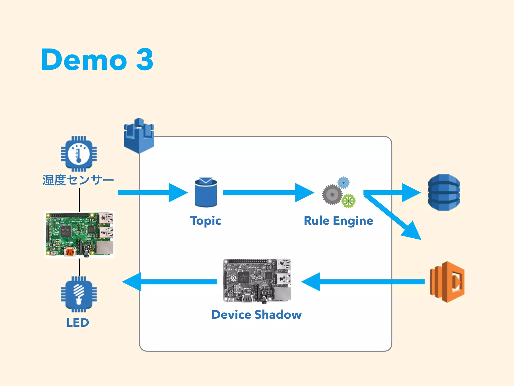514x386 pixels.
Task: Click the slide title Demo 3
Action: tap(97, 60)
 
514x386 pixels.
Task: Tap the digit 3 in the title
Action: tap(144, 60)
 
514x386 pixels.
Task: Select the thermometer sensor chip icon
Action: tap(79, 154)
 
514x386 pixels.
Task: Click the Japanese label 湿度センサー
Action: tap(78, 180)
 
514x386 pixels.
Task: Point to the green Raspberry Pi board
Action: tap(79, 234)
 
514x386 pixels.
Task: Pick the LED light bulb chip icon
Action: tap(79, 294)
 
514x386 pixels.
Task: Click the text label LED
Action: tap(78, 322)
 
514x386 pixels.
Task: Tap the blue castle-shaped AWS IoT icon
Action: tap(139, 136)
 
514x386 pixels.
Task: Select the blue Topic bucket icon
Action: tap(206, 192)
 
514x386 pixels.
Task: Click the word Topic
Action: tap(206, 221)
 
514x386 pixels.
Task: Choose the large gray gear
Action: tap(332, 195)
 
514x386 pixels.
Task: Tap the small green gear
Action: tap(348, 201)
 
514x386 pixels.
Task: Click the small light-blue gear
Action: tap(343, 182)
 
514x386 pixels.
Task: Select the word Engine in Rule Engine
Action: tap(353, 221)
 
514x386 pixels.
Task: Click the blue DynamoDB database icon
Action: tap(444, 192)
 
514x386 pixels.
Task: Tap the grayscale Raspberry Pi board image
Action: tap(257, 280)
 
